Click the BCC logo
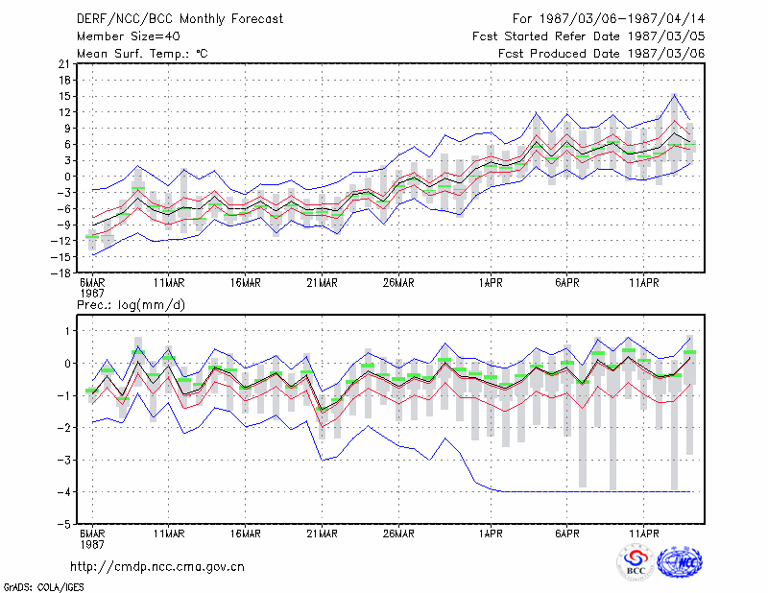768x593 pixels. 636,562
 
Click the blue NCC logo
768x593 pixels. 680,562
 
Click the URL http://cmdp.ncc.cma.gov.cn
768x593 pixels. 157,567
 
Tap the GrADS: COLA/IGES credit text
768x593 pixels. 43,587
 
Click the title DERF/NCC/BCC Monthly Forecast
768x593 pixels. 180,19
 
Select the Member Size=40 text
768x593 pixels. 129,36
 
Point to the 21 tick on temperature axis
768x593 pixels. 64,63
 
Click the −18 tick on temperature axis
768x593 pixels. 60,273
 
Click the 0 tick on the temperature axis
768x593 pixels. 67,177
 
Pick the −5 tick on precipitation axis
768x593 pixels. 64,524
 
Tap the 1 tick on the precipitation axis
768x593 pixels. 68,331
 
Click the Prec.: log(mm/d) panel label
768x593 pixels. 131,305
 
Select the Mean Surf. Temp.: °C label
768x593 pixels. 142,54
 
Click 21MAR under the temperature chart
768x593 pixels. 322,283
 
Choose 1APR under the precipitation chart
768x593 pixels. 491,534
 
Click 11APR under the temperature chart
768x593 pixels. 643,283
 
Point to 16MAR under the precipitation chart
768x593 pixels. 246,534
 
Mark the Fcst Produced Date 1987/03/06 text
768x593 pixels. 601,54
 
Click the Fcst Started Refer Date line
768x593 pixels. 588,36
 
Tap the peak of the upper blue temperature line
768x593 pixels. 675,94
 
